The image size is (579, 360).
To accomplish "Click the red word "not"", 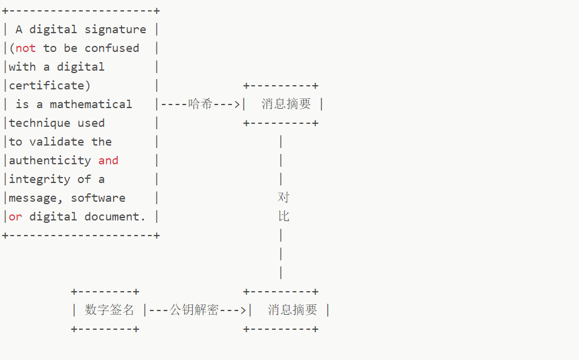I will pos(25,48).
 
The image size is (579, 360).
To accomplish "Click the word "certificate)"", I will pos(50,86).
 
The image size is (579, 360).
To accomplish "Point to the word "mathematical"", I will pos(91,104).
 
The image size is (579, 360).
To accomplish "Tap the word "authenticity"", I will pos(50,161).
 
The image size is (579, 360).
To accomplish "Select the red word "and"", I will pos(108,161).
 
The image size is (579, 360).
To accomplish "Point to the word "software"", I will pos(98,198).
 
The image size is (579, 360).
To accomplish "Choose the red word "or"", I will pos(15,217).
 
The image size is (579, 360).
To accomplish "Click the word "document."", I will pos(118,217).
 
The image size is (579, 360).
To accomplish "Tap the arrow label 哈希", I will pos(200,104).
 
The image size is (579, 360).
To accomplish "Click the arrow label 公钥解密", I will pos(194,310).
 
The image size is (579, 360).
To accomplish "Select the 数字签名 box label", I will pos(109,310).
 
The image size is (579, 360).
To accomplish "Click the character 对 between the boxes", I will pos(283,198).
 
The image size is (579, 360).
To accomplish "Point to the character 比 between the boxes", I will pos(283,216).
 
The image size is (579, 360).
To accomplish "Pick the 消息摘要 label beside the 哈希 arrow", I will pos(286,104).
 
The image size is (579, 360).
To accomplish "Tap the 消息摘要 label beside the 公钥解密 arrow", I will pos(293,310).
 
